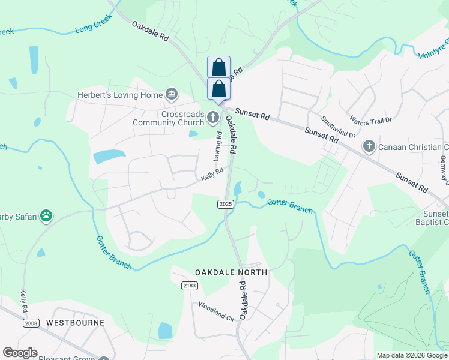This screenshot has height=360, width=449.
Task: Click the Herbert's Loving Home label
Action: click(119, 95)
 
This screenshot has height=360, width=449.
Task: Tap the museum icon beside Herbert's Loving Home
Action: click(171, 94)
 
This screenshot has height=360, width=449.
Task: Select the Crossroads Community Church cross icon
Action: click(213, 118)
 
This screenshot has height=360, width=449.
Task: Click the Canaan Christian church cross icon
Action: click(369, 146)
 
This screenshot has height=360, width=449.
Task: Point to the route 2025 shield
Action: click(225, 205)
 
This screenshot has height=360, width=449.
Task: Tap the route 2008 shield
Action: click(31, 323)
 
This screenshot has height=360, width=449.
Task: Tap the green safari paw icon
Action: click(47, 215)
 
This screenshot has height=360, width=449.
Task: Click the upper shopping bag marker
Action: click(219, 66)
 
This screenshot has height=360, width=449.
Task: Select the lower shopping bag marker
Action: click(219, 88)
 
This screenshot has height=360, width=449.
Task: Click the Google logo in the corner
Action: click(20, 353)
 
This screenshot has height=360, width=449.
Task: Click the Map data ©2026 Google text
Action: click(412, 355)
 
